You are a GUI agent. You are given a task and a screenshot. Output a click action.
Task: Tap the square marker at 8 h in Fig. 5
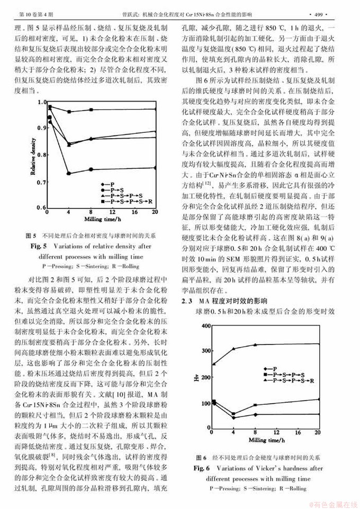91,110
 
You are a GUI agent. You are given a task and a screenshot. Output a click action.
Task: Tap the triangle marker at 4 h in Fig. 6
234,349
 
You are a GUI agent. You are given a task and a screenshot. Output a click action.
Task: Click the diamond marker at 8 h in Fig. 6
256,415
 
